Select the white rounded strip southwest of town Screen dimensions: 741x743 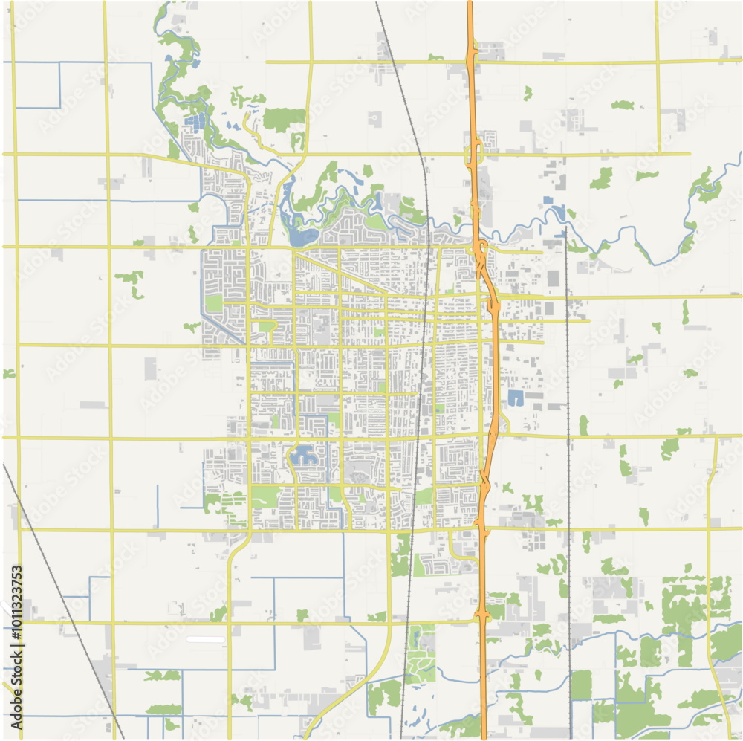point(206,639)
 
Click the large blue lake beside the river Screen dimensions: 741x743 point(303,237)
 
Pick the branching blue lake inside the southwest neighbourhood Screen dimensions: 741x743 point(304,455)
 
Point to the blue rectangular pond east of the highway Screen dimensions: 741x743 point(515,398)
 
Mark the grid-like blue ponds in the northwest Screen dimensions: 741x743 point(195,123)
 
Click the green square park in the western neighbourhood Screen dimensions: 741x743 point(214,303)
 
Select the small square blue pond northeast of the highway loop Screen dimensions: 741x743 point(548,200)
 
